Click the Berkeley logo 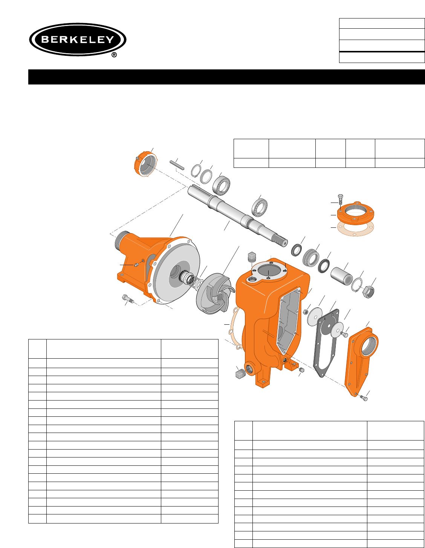point(78,40)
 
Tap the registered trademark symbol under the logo point(114,55)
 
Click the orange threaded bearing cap point(145,164)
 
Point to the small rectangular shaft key point(177,165)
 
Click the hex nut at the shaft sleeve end point(368,292)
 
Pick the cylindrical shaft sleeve point(341,276)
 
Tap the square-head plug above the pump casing point(252,257)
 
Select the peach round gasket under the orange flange point(355,229)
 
